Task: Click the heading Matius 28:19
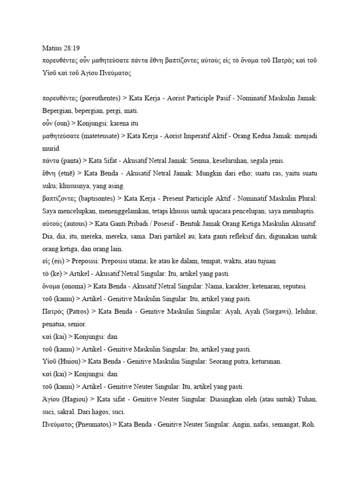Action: click(x=58, y=48)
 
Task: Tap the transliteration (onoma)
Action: click(x=78, y=286)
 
